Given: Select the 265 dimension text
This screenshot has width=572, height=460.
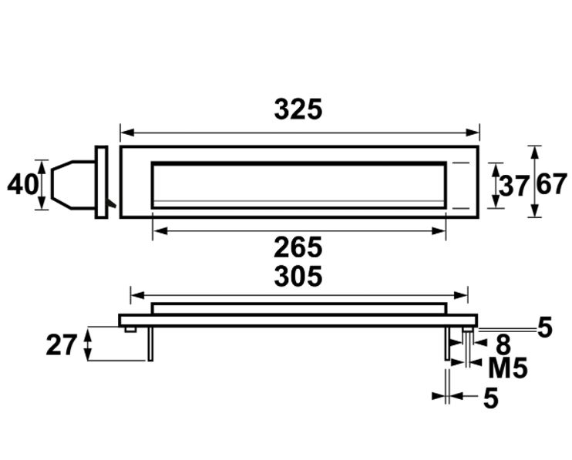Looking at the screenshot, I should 298,248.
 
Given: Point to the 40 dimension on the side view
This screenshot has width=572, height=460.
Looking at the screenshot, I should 22,185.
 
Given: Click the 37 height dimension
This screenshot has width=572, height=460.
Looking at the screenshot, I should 513,186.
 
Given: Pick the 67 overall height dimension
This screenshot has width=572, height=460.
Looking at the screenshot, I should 552,185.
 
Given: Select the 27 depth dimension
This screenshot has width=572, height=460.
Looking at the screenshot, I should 62,344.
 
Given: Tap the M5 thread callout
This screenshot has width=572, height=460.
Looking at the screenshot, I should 508,368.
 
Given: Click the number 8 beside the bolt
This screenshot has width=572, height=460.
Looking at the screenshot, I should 503,344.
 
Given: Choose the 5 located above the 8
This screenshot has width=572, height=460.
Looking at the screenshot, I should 544,327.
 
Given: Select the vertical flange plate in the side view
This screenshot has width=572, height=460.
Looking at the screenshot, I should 101,182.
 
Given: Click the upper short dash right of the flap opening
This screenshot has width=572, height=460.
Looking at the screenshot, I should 460,163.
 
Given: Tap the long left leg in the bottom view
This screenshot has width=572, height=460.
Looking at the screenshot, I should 152,343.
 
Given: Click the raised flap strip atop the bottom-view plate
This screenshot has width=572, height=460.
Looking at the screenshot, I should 298,308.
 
